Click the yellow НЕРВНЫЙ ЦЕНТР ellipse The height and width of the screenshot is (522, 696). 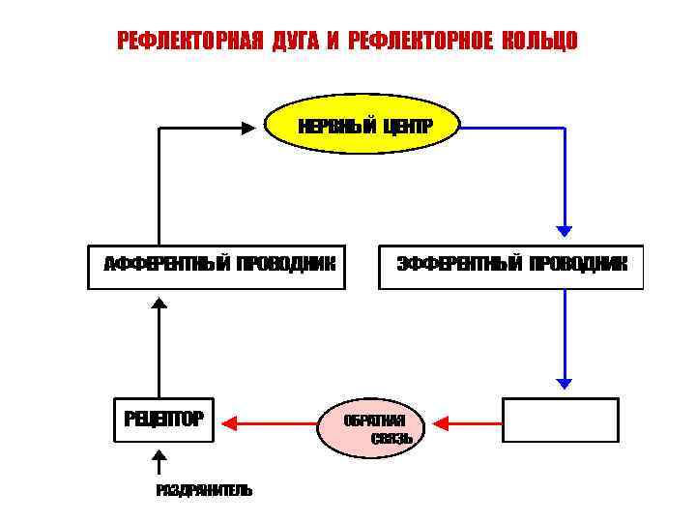click(x=362, y=127)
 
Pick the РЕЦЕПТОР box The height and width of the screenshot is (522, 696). click(x=163, y=420)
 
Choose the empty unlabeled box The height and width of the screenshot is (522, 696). click(x=561, y=420)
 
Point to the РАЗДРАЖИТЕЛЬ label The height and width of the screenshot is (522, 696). click(x=205, y=490)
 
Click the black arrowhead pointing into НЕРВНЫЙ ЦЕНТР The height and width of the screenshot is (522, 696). click(x=247, y=127)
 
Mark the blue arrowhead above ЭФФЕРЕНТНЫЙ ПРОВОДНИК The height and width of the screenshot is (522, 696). click(x=565, y=231)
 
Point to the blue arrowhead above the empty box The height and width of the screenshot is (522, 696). click(x=565, y=382)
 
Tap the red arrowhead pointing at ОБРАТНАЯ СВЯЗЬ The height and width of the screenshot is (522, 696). click(x=441, y=421)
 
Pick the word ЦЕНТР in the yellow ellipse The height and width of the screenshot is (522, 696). click(x=407, y=127)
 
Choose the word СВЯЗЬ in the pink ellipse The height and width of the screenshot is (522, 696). click(x=392, y=438)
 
